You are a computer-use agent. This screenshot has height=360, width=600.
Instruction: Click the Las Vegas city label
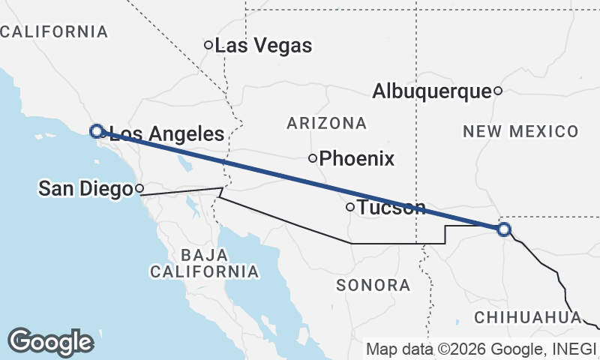click(263, 46)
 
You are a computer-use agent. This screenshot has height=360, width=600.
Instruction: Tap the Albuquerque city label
click(431, 91)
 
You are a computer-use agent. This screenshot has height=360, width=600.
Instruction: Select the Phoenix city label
click(357, 159)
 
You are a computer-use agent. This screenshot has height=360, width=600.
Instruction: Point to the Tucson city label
click(392, 208)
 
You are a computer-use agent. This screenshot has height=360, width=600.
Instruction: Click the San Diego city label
click(85, 189)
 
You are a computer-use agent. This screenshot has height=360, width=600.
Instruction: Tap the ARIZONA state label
click(326, 123)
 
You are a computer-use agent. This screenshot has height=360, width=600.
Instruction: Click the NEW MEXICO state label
click(520, 132)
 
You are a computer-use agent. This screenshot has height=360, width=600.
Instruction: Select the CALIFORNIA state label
click(54, 31)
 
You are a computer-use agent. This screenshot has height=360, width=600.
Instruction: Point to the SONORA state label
click(373, 285)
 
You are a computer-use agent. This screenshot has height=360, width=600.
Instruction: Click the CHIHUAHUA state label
click(528, 317)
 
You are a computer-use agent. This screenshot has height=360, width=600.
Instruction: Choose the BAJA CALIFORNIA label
click(204, 262)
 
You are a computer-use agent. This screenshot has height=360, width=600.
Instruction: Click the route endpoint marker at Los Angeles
click(96, 131)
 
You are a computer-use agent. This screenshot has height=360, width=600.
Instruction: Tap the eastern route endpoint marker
click(504, 229)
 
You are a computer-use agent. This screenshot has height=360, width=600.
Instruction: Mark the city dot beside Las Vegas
click(209, 45)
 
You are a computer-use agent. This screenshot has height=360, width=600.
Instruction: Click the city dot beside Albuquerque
click(497, 91)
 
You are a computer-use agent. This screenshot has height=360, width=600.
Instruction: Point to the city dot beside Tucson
click(349, 207)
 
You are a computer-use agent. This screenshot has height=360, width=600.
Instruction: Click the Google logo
click(50, 342)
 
